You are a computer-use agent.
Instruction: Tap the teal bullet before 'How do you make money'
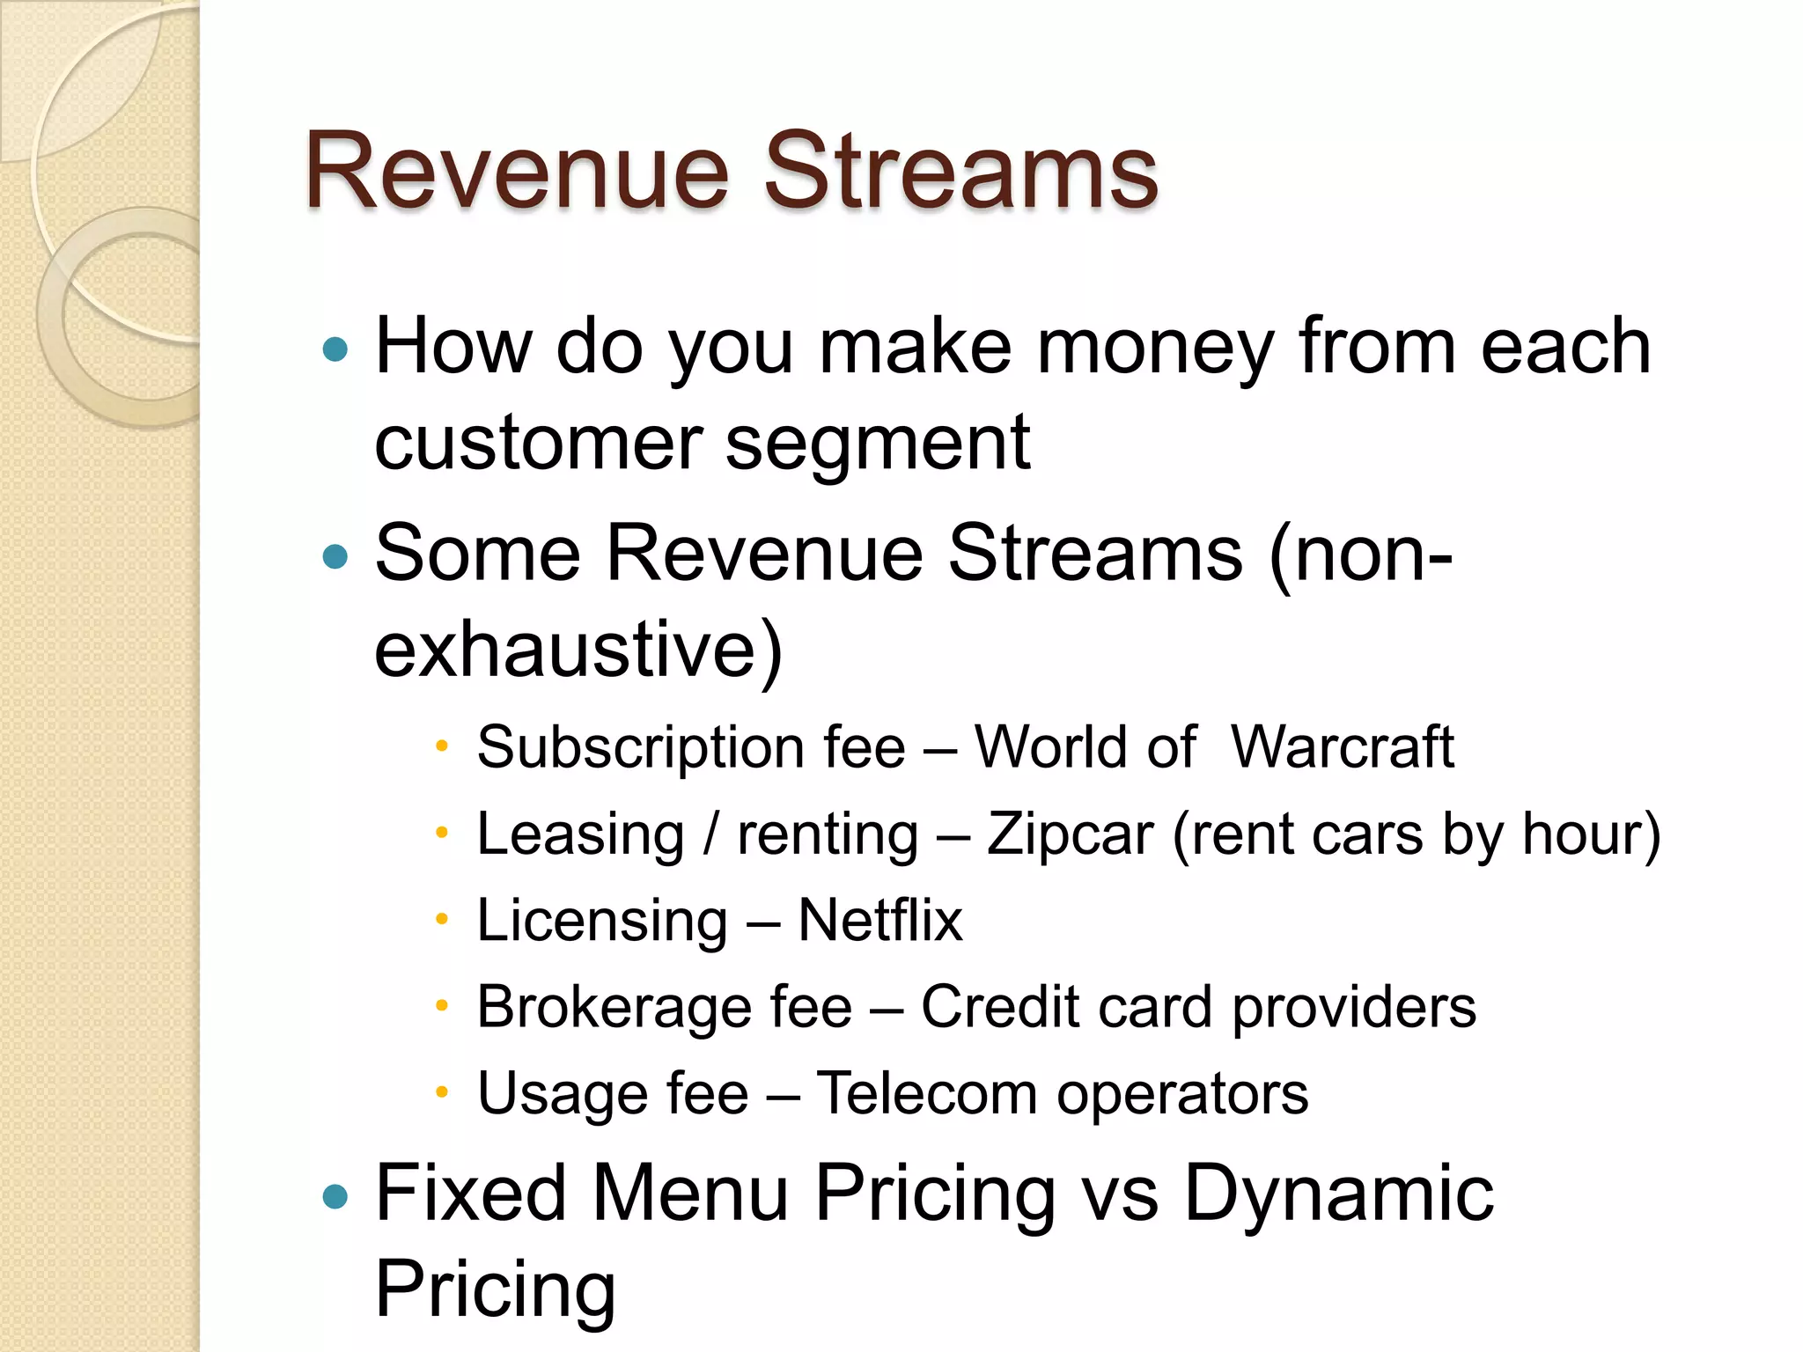coord(335,350)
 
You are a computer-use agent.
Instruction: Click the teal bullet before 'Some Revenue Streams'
coord(335,556)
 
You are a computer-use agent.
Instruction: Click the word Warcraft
coord(1342,748)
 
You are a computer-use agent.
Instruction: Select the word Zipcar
coord(1070,835)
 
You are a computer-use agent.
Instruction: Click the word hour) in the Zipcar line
coord(1591,835)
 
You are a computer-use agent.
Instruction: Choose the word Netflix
coord(879,921)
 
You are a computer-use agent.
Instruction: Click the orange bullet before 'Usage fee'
coord(442,1092)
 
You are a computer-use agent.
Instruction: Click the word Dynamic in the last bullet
coord(1338,1195)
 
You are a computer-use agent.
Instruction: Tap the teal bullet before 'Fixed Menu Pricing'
coord(335,1196)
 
